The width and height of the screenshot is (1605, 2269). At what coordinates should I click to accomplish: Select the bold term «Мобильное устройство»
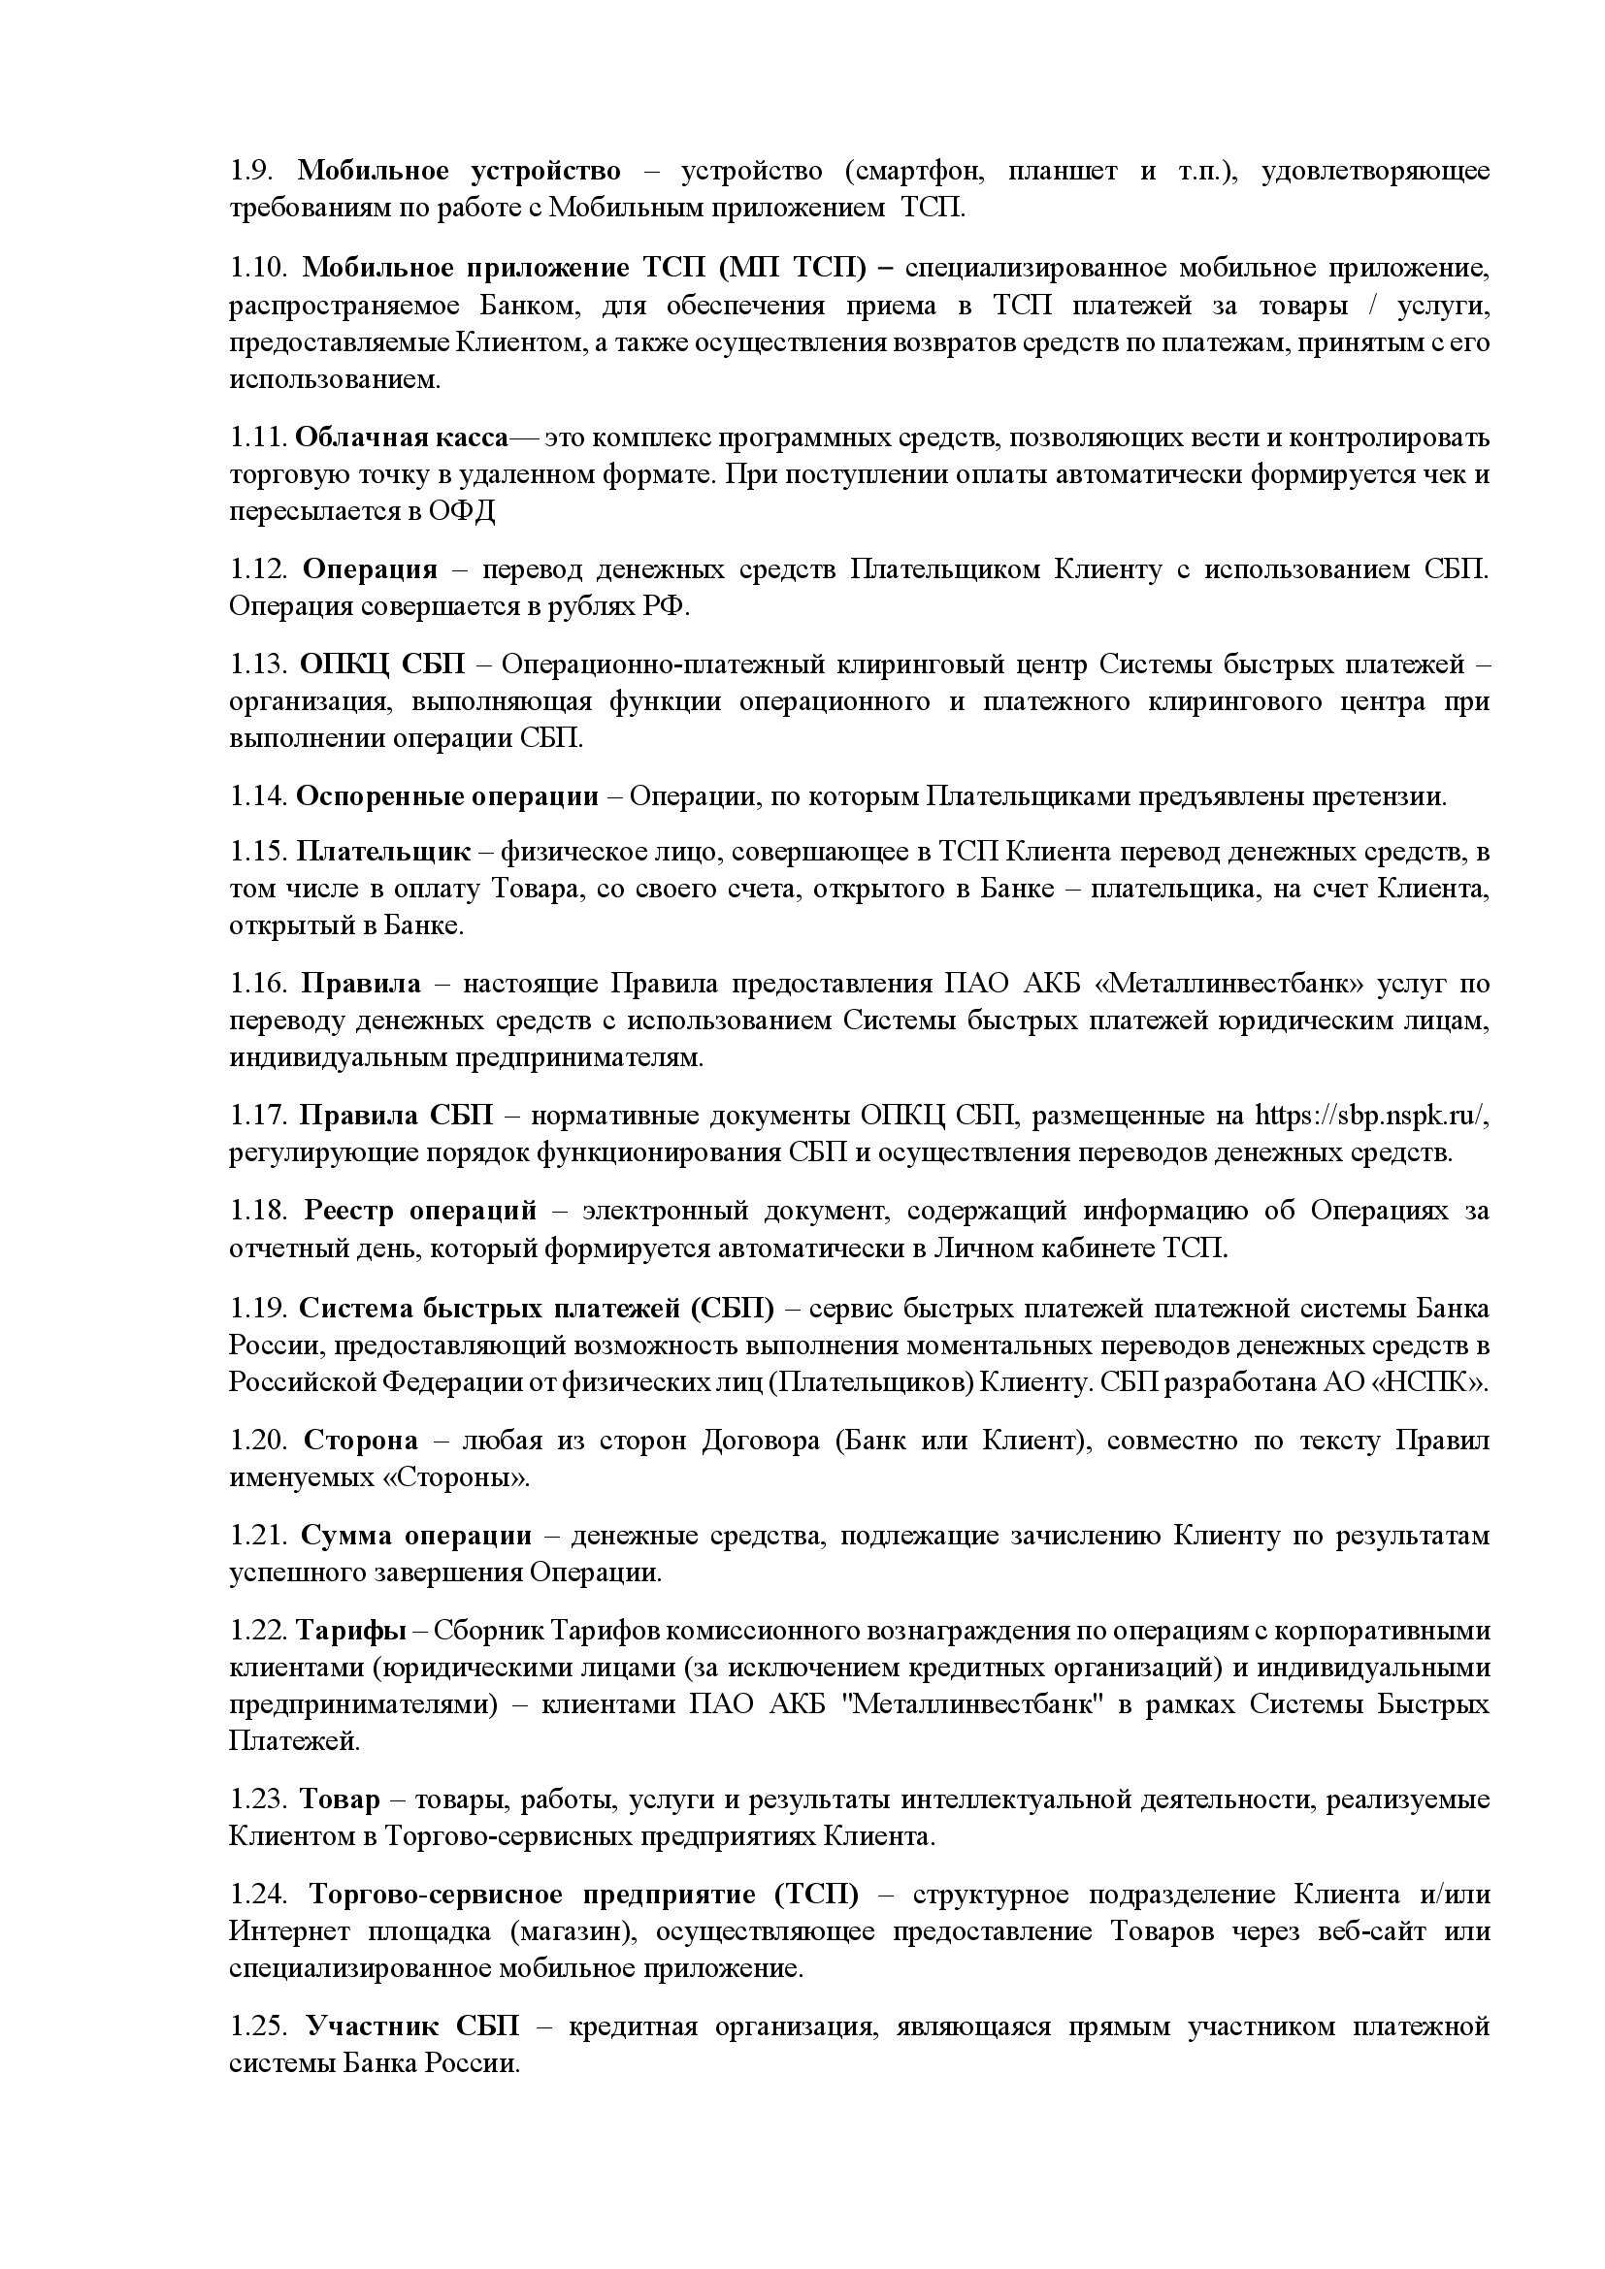(459, 171)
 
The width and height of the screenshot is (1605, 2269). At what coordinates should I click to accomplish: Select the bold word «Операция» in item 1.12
(370, 569)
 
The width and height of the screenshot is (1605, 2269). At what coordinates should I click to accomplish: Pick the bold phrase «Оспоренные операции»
(446, 796)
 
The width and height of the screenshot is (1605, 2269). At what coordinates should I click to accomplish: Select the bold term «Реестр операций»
(420, 1212)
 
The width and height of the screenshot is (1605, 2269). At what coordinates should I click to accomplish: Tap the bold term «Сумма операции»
(415, 1536)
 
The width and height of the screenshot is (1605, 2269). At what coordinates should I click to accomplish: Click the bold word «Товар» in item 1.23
(340, 1800)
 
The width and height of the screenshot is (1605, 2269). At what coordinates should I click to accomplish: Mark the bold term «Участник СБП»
(412, 2026)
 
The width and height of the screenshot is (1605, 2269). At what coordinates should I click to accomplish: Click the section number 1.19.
(258, 1309)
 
